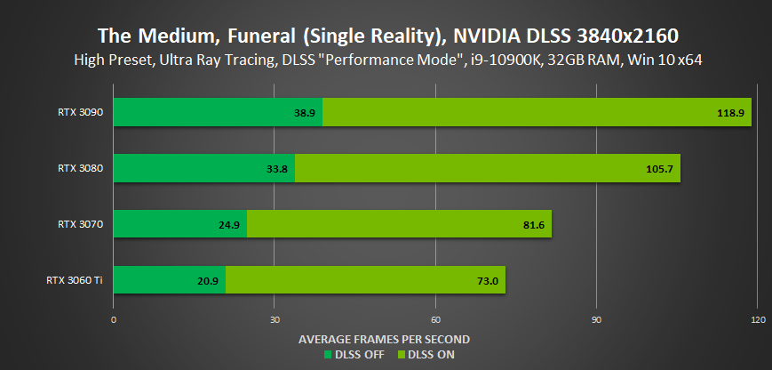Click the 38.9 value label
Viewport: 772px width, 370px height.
tap(306, 113)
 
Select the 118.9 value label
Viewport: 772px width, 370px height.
tap(730, 113)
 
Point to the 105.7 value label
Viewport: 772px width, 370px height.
tap(659, 169)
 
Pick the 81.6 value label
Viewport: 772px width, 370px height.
tap(533, 225)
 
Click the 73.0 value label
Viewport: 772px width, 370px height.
tap(486, 281)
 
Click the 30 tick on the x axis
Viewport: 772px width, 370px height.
tap(275, 320)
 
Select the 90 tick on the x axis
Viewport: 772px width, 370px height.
tap(597, 320)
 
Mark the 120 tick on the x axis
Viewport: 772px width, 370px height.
tap(757, 320)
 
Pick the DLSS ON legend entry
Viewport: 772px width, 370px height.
tap(427, 355)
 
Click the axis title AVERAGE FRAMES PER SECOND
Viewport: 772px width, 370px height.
tap(384, 339)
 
